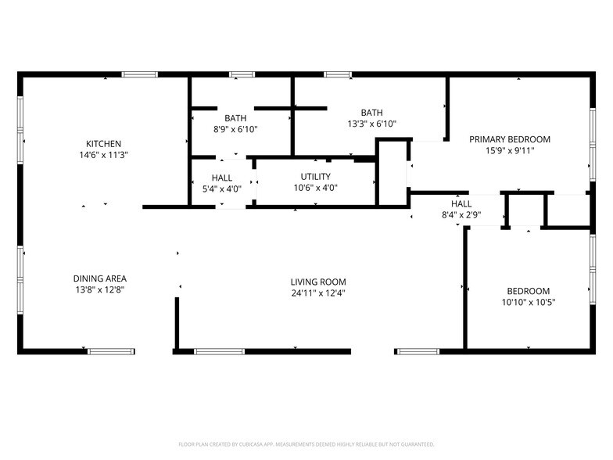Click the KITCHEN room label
pos(103,143)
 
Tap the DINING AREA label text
pos(99,279)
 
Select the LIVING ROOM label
pos(317,282)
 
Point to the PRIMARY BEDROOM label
pos(509,139)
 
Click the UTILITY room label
pos(315,177)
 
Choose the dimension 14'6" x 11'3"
pos(103,155)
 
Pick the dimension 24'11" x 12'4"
pos(317,293)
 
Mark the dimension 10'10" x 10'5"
pos(528,302)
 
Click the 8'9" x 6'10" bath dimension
pos(235,129)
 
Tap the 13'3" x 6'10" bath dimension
pos(371,124)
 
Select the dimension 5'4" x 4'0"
pos(221,189)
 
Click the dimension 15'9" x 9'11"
pos(509,151)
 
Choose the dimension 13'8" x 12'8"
pos(99,290)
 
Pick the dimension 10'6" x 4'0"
pos(315,189)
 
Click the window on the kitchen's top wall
pos(140,74)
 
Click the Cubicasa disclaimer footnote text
pos(306,444)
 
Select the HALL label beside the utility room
pos(221,178)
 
